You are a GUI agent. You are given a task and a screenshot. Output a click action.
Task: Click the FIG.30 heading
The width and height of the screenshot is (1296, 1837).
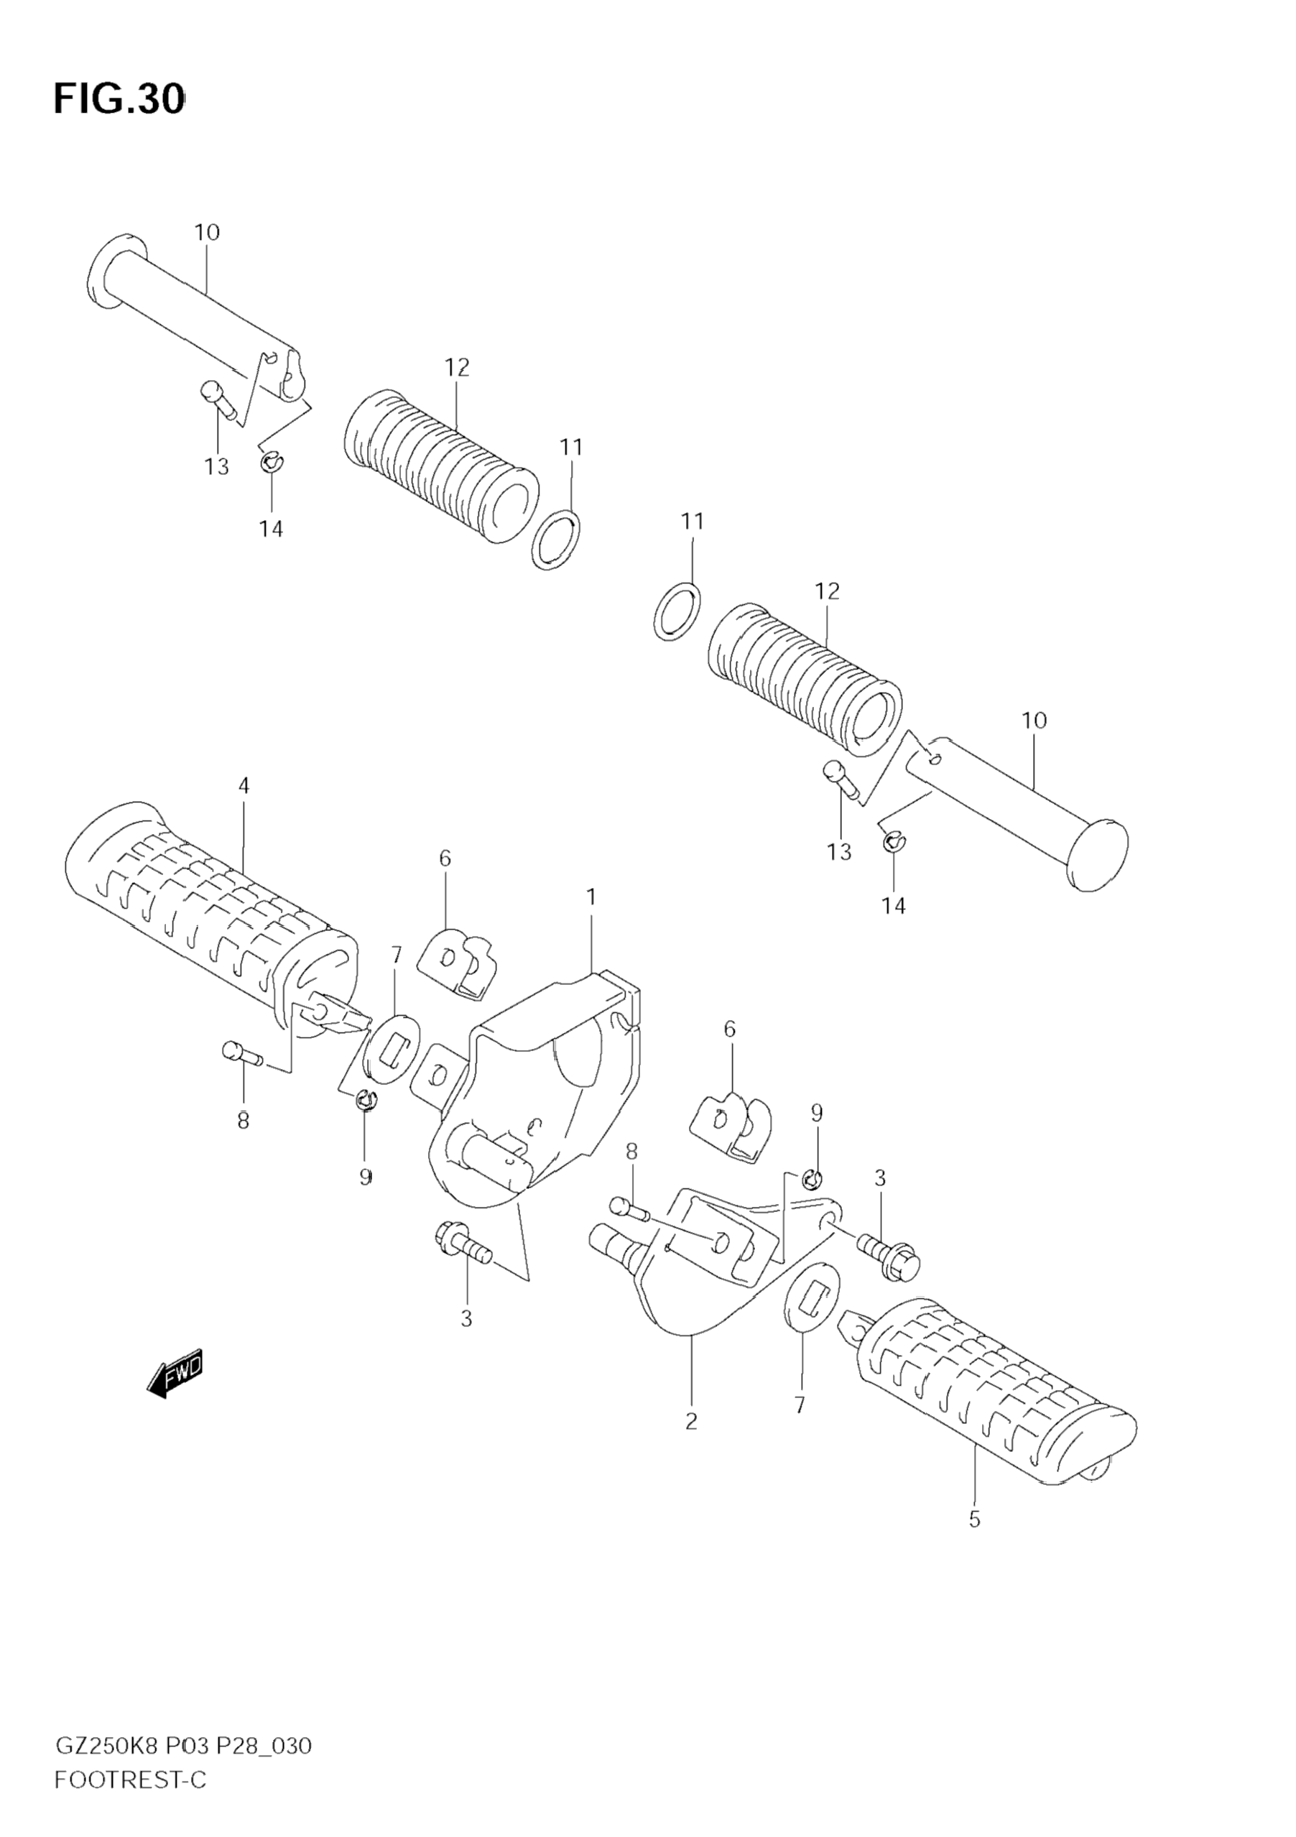(119, 99)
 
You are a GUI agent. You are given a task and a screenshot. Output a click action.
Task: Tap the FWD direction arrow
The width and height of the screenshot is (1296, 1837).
(175, 1374)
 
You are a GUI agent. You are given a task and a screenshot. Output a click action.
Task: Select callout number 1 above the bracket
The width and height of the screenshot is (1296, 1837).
(591, 898)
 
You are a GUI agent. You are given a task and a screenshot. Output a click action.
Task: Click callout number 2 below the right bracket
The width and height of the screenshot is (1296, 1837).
(691, 1421)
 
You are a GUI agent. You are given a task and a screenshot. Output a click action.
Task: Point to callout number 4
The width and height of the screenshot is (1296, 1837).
(244, 786)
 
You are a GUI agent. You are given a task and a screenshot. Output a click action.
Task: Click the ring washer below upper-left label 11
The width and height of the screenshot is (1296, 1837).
(556, 540)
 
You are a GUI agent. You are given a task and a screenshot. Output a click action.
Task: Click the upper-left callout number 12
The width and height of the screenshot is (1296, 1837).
(457, 367)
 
